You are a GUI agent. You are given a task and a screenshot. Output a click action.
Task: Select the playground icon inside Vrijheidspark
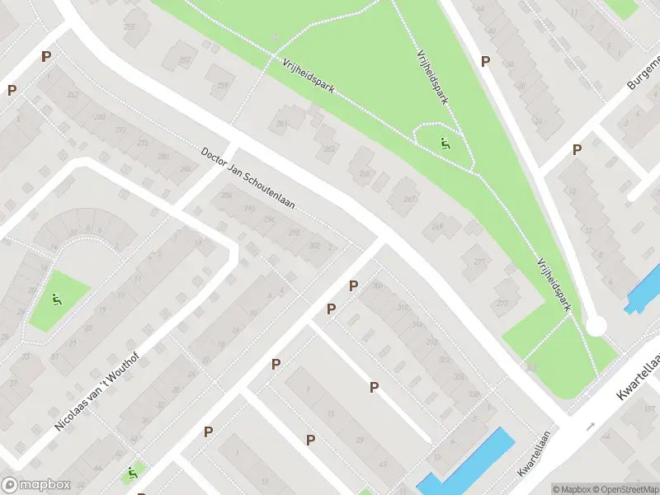pos(445,144)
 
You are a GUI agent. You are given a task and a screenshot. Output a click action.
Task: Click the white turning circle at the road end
pos(596,326)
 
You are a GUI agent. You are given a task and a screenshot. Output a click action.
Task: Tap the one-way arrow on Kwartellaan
pos(591,427)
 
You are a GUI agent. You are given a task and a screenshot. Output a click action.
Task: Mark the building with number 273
pos(502,303)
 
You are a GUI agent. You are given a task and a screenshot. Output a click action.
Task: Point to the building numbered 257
pos(185,60)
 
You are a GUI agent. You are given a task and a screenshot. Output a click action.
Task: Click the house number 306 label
pos(378,285)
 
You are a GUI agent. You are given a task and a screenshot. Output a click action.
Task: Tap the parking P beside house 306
pos(353,285)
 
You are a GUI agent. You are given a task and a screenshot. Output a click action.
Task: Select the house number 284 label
pos(185,169)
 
